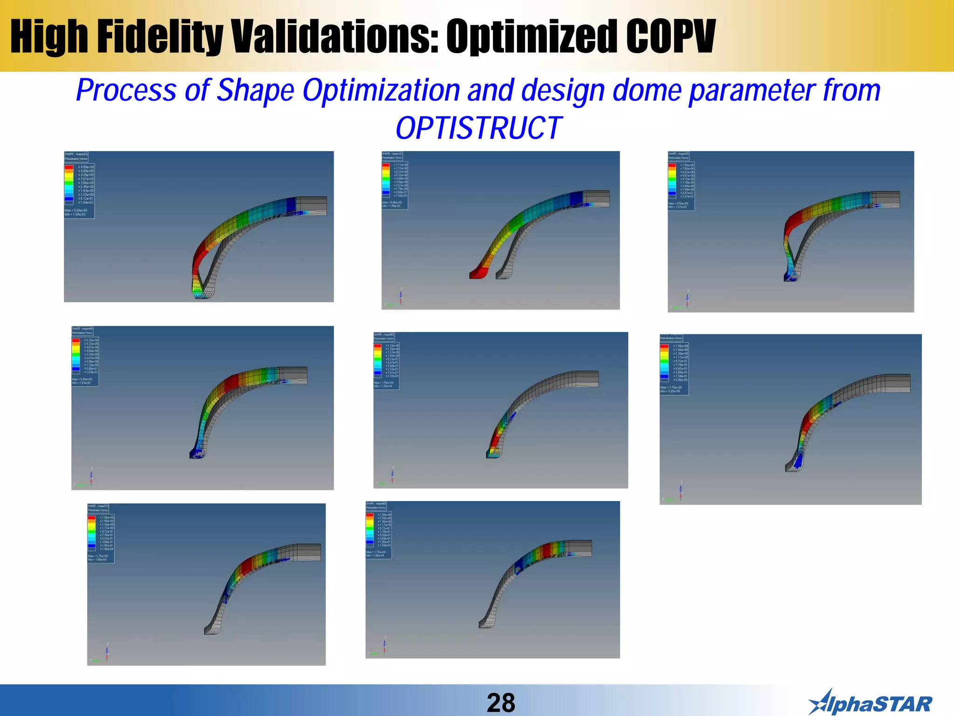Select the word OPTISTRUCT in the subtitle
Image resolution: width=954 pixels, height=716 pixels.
478,128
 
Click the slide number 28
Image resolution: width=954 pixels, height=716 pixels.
501,702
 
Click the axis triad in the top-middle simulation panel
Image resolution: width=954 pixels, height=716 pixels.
400,297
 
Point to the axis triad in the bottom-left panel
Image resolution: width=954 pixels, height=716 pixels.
105,652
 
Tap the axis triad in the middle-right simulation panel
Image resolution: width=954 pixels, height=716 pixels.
680,491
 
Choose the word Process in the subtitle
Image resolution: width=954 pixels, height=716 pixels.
126,90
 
